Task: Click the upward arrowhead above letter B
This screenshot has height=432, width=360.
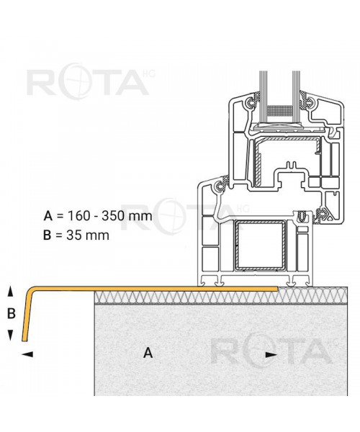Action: click(x=10, y=291)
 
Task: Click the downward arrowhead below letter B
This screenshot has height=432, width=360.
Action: click(x=10, y=335)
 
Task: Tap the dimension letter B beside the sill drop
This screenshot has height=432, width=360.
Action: click(x=11, y=313)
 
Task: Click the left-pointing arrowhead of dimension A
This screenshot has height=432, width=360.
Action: click(x=27, y=354)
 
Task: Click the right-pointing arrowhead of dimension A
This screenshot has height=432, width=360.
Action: click(x=271, y=355)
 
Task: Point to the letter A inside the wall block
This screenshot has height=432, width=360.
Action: click(x=148, y=352)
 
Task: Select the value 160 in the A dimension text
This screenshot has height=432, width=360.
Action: click(x=78, y=216)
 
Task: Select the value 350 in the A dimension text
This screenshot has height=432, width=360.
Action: click(x=112, y=216)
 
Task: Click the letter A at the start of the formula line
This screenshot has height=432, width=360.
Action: click(x=48, y=216)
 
